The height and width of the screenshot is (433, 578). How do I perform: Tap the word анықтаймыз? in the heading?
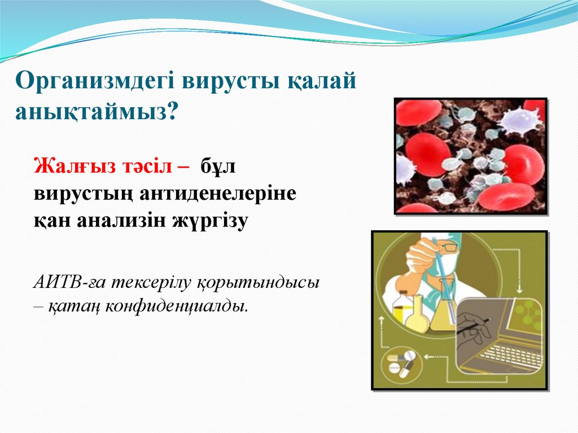96,110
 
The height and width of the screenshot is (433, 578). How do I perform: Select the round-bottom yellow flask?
418,317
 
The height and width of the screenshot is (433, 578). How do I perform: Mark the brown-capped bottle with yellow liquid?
402,308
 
